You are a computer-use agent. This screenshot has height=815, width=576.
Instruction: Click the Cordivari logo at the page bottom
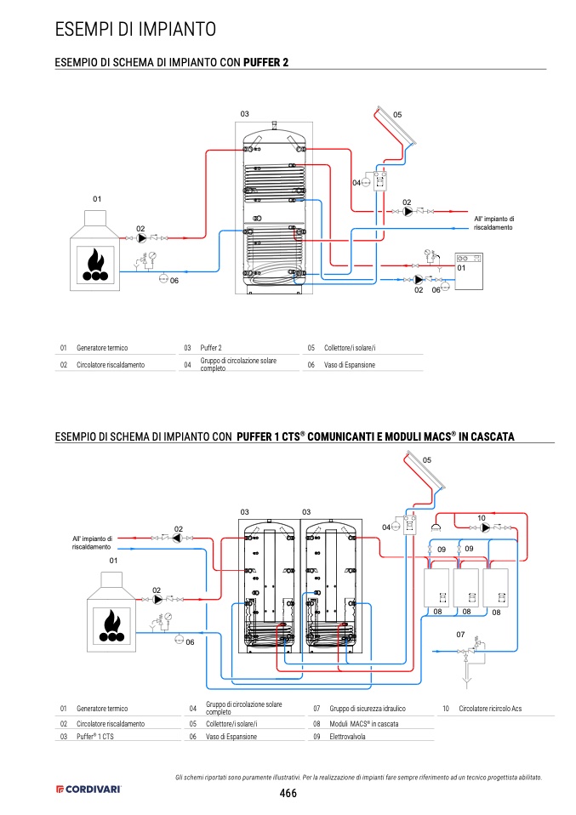88,789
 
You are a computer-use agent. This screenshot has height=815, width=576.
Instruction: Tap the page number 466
288,793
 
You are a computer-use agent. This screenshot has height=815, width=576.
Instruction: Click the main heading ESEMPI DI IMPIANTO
135,29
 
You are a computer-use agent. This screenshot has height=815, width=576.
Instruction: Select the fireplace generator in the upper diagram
95,250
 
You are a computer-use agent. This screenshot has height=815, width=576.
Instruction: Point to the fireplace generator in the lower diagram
111,612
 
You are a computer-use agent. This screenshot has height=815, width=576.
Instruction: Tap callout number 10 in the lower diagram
482,518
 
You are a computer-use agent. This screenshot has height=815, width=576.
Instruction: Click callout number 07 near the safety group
460,634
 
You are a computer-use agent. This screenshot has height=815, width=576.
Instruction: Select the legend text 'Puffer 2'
211,348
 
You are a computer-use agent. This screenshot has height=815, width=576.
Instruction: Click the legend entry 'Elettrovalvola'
347,737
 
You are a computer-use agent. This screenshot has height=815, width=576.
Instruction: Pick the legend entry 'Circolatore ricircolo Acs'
490,709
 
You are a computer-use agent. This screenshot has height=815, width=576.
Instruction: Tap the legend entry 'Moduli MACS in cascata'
364,723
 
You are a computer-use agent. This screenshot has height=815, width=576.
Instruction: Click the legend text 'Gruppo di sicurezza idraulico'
368,709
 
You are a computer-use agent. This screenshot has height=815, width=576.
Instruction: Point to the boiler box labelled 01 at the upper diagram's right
469,271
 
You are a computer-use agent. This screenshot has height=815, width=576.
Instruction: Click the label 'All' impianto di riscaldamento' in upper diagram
493,223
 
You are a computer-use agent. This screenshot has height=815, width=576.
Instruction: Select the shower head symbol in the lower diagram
436,527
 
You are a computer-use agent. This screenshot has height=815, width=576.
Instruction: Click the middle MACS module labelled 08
466,588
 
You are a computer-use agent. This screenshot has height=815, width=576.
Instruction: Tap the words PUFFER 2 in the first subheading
265,62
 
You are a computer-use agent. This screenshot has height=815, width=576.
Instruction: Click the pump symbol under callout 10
486,528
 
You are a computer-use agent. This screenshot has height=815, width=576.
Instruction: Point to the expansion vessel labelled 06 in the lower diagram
180,639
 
